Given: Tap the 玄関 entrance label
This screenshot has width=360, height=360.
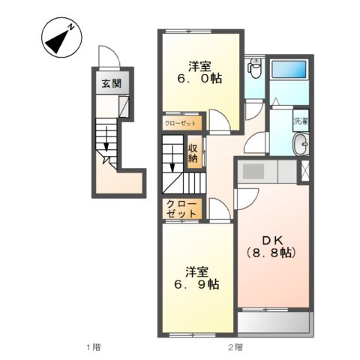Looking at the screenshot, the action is click(112, 83).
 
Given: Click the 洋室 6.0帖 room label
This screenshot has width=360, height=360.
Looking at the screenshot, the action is click(199, 73).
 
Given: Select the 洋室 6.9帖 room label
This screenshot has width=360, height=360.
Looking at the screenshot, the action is click(197, 278).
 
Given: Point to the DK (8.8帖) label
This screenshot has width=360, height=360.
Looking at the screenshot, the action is click(271, 247).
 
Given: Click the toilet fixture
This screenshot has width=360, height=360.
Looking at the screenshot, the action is click(254, 67).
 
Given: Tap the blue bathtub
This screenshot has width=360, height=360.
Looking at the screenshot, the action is click(289, 69).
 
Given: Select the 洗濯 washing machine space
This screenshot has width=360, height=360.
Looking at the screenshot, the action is click(301, 121).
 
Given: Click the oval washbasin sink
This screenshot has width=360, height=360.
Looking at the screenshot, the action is click(301, 144).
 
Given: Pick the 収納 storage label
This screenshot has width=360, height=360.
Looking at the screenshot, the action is click(193, 153).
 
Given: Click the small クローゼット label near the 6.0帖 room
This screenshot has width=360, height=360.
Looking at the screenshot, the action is click(180, 124).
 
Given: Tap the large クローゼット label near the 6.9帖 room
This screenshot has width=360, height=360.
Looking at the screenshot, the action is click(181, 209).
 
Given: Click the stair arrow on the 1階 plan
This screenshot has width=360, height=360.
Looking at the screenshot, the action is click(106, 139).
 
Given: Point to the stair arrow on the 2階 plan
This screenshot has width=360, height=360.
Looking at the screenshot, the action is click(172, 160).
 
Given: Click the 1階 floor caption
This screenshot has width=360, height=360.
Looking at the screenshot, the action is click(94, 347).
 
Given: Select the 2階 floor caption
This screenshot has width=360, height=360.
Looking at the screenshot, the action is click(235, 347).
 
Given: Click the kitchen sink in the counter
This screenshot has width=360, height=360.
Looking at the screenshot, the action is click(253, 171).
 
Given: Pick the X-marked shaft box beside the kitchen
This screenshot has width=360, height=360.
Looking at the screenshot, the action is click(305, 171).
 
